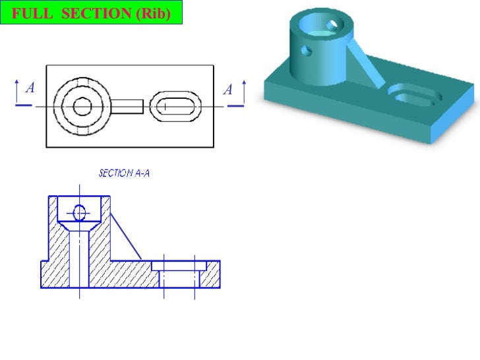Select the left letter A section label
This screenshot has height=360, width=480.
(30, 88)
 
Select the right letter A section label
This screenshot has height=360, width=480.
(228, 88)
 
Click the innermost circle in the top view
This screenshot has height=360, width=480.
(82, 106)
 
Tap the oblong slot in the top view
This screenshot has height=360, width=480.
(175, 106)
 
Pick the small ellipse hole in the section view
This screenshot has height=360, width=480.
(80, 212)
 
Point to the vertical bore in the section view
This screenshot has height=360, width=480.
(79, 257)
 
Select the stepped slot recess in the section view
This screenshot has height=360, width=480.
(179, 266)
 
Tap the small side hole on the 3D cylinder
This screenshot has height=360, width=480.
(305, 50)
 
